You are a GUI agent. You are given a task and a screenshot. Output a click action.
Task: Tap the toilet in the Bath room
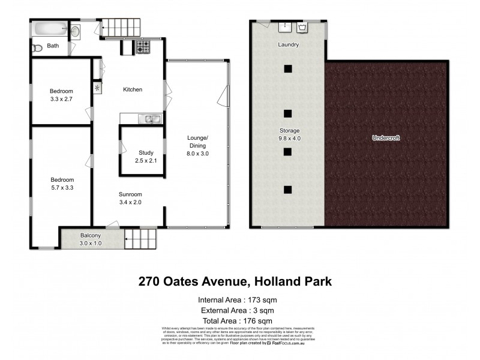[37, 48]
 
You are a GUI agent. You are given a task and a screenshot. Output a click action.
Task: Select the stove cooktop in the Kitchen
[143, 47]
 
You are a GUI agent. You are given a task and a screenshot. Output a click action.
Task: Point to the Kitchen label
[133, 90]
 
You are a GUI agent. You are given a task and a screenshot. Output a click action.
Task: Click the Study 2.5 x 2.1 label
[146, 157]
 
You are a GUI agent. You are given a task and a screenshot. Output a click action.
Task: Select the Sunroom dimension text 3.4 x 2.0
[130, 203]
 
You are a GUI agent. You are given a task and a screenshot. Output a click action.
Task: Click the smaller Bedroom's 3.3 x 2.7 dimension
[61, 100]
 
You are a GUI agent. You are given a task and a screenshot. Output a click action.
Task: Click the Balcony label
[91, 235]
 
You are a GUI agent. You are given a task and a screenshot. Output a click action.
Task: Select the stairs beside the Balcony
[140, 239]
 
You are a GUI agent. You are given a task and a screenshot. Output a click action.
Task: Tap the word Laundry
[288, 45]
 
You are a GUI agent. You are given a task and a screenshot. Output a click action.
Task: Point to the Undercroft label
[386, 138]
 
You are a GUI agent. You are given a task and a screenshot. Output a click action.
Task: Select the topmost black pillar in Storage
[288, 68]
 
